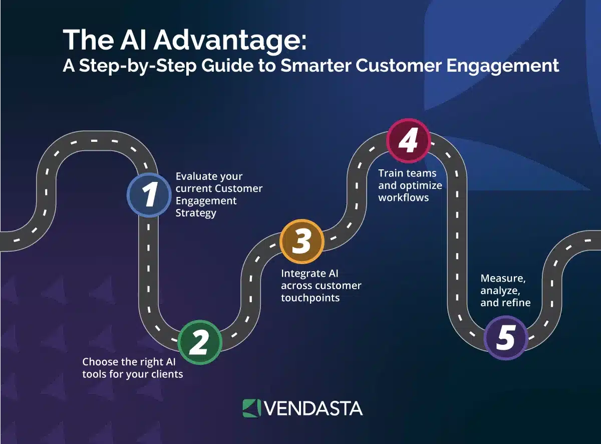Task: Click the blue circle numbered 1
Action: (149, 195)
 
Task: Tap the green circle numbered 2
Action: (200, 342)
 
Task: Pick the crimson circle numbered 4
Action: (408, 141)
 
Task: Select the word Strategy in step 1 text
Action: (196, 213)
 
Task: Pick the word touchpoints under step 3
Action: (310, 298)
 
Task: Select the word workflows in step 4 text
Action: (404, 197)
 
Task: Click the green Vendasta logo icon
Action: (251, 408)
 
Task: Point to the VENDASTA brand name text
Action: (313, 408)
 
